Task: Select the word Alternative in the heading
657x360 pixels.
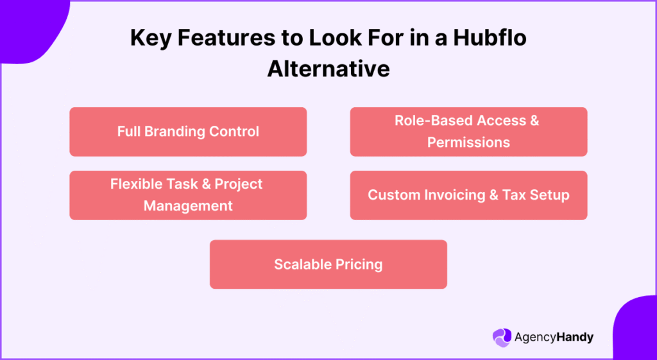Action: [x=328, y=68]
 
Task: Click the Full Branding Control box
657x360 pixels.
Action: [x=188, y=132]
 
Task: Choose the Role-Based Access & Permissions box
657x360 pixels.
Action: [x=468, y=132]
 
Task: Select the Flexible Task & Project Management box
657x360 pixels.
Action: [x=188, y=195]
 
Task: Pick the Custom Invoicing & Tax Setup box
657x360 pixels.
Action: [x=468, y=195]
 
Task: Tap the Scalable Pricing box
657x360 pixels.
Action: [x=328, y=264]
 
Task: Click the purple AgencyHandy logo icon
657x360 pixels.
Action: [x=502, y=337]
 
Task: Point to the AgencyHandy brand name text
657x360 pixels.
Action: [x=554, y=337]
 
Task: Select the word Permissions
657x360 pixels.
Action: [x=468, y=142]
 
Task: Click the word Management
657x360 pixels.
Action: [x=188, y=206]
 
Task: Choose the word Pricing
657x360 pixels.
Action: [x=361, y=264]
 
